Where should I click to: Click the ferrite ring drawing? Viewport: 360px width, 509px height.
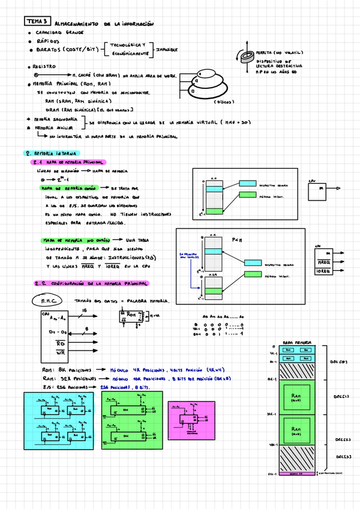245,57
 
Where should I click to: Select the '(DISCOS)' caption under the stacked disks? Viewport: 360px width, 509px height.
225,102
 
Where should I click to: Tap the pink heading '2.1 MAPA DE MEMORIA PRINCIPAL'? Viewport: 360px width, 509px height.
68,163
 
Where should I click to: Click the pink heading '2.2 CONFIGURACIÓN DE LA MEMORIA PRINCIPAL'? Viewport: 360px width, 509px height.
90,283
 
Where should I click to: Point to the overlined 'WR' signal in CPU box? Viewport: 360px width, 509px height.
60,353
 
